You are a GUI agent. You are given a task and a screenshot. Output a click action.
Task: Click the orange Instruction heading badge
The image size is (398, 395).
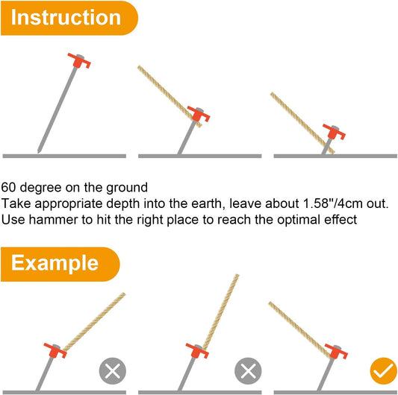coord(69,18)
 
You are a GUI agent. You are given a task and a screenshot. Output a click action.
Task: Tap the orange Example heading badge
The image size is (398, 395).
coord(60,264)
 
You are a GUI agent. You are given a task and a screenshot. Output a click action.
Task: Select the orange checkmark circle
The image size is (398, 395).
coord(383,370)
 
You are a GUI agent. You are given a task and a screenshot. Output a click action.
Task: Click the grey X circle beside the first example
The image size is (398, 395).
coord(113,371)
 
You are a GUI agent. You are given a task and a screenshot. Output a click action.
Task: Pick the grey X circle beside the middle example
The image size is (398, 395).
coord(248,371)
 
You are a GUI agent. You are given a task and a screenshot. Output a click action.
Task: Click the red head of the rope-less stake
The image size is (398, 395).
coord(79,61)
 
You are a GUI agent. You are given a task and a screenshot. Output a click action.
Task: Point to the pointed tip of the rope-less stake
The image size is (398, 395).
coord(39,153)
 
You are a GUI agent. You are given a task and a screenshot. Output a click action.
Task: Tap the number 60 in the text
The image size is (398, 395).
coord(8,188)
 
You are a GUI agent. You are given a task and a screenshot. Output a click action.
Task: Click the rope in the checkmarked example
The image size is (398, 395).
coord(300,330)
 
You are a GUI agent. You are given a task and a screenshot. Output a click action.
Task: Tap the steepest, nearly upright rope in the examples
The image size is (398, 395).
coord(221,312)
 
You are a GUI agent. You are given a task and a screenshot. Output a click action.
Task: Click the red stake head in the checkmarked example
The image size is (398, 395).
coord(336,352)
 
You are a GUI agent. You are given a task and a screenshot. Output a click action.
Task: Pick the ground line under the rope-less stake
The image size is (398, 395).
coord(64,156)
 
